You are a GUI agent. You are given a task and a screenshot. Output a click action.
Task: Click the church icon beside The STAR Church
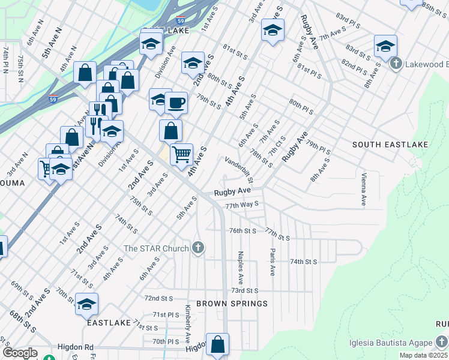(199, 248)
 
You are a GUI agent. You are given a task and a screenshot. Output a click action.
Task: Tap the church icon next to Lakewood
(396, 64)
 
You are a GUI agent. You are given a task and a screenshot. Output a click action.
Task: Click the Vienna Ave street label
(364, 190)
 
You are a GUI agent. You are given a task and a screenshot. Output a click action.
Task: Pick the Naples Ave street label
(240, 267)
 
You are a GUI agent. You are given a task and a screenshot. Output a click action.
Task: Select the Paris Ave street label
(273, 262)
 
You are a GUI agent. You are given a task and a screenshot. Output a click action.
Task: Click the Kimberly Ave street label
(188, 323)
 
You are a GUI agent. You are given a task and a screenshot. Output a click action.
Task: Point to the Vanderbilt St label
(240, 170)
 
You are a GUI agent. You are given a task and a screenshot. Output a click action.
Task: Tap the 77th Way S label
(241, 205)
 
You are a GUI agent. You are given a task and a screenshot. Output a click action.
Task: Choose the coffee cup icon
(176, 103)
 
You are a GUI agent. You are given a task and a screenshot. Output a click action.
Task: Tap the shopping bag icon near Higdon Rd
(217, 344)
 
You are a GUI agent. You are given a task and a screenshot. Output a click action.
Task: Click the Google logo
(20, 353)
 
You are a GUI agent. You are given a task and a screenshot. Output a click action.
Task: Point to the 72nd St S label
(158, 298)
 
